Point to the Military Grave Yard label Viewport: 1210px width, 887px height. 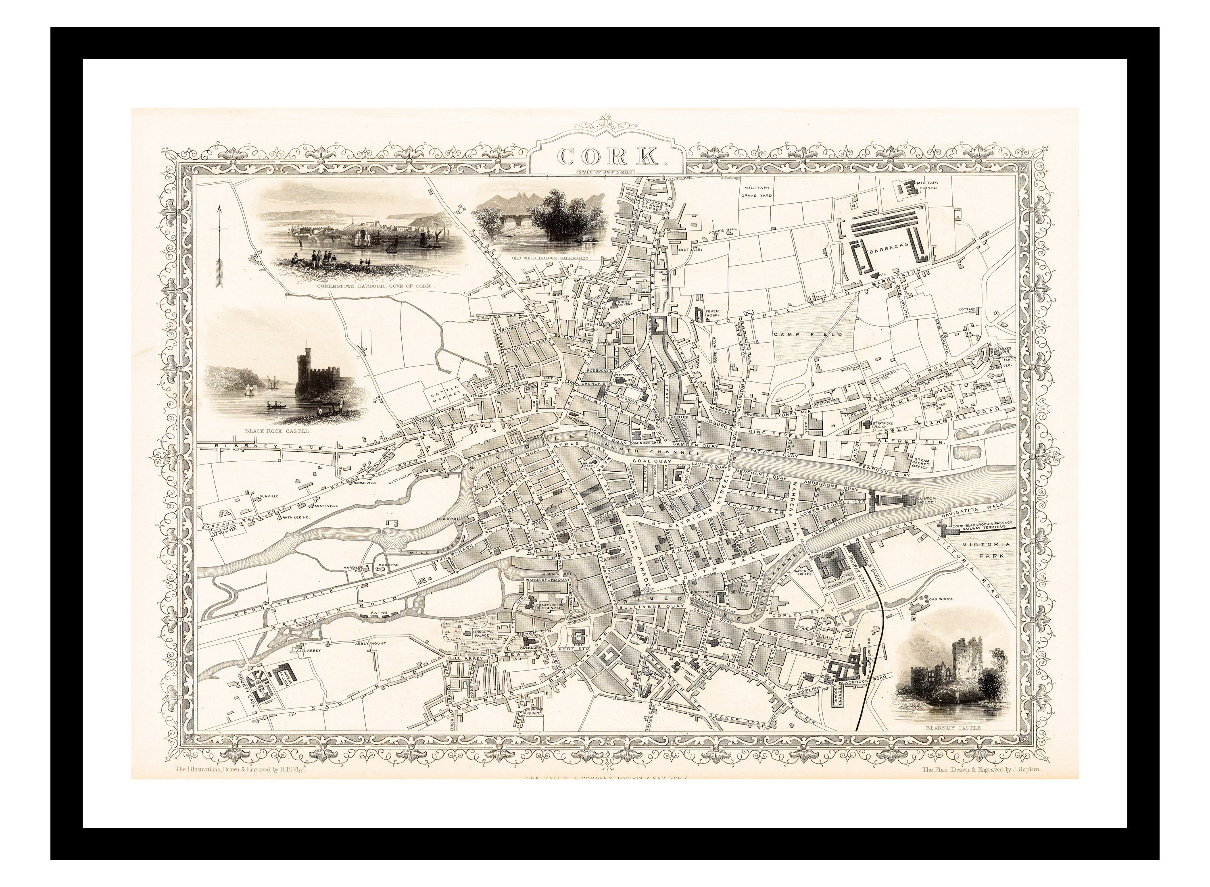[757, 192]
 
